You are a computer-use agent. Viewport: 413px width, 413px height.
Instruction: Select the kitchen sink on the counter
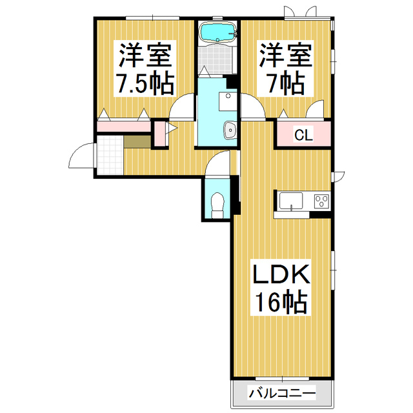click(x=292, y=201)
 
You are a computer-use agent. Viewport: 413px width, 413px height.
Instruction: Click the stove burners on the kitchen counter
click(x=321, y=201)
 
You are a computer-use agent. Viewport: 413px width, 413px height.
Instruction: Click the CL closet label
click(x=303, y=135)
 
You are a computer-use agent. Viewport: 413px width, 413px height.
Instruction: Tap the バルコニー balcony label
click(x=281, y=393)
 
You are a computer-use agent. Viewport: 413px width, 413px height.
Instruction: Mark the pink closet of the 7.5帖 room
click(x=123, y=126)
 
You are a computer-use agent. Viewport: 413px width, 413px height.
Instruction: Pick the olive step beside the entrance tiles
click(x=136, y=142)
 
